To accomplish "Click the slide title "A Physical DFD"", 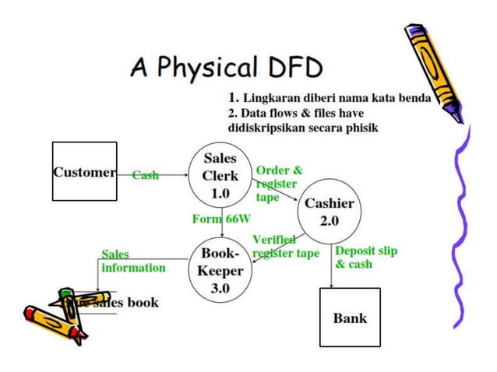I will pos(226,68).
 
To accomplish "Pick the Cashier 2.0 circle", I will pos(329,211).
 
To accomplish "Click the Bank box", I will pos(350,317).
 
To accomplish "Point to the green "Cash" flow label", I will pos(145,175).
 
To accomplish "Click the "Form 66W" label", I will pos(216,219).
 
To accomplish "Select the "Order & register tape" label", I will pos(278,184).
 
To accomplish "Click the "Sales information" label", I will pos(133,261).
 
